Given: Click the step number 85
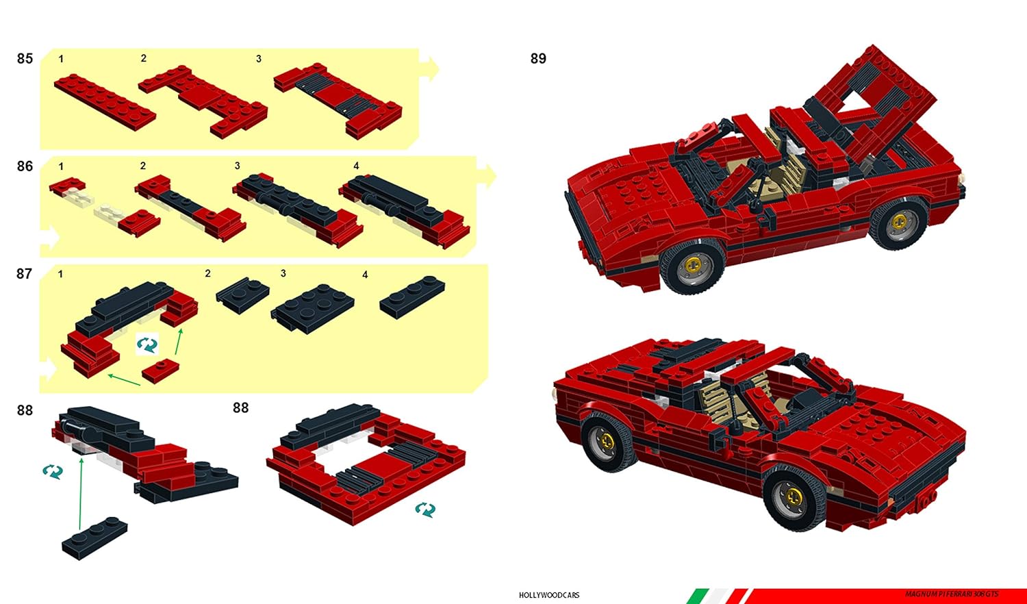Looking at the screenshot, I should coord(25,59).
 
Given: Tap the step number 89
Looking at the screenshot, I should coord(538,59).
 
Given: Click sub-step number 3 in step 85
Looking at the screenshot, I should coord(259,59).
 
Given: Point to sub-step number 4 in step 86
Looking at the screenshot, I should coord(356,166).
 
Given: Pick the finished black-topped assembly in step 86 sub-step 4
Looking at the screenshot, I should coord(404,209).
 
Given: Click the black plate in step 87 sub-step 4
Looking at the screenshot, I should coord(412,296).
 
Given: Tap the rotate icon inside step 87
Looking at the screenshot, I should coord(147,344).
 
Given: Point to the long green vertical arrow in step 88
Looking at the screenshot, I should coord(81,493).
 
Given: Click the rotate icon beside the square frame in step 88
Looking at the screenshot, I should coord(424,509).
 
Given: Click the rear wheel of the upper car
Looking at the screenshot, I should coord(899,224).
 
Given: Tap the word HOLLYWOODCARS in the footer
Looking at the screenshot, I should coord(549,595).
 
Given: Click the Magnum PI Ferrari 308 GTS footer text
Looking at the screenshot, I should coord(952,594).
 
